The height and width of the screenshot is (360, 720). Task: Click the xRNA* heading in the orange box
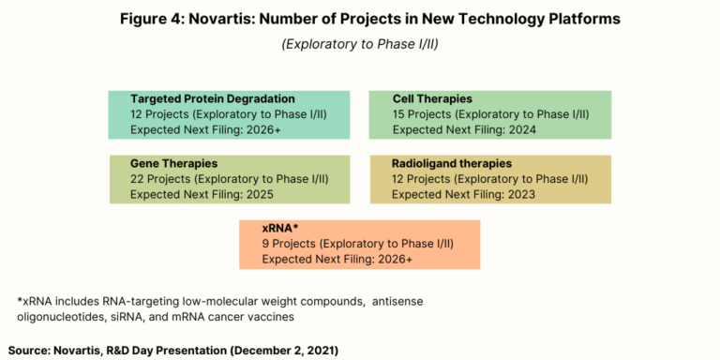click(x=279, y=228)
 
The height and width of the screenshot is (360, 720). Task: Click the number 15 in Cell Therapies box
click(x=399, y=114)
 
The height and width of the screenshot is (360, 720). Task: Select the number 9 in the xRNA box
click(x=265, y=244)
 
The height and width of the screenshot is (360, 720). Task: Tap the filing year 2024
click(x=520, y=130)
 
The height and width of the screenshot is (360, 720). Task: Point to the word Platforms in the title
click(x=579, y=19)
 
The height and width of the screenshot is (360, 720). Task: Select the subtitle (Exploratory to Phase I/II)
click(x=360, y=44)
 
